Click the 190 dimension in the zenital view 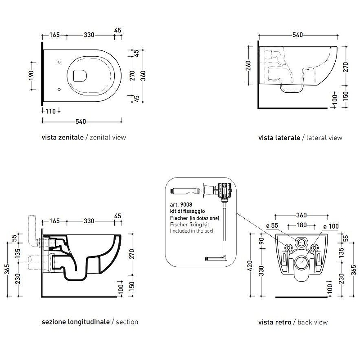click(31, 76)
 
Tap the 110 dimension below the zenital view click(50, 111)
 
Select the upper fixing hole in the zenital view click(59, 62)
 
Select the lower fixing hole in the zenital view click(59, 89)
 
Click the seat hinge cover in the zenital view click(80, 76)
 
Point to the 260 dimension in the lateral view click(248, 65)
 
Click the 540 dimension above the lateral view click(297, 35)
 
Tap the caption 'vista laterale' click(279, 138)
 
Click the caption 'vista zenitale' click(63, 137)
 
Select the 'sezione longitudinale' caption click(76, 322)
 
